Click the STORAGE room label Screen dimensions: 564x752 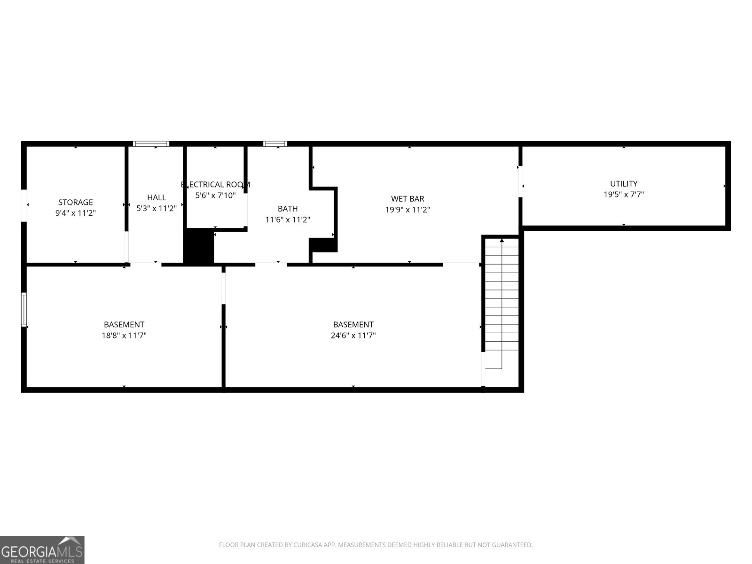click(x=75, y=203)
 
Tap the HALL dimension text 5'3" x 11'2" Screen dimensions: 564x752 click(x=156, y=208)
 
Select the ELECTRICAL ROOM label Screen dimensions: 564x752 click(x=215, y=184)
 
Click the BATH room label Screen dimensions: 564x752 click(x=287, y=209)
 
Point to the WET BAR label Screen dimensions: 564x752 click(x=407, y=199)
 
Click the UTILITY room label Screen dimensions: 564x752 click(x=623, y=184)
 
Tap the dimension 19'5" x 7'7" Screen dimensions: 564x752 click(x=623, y=195)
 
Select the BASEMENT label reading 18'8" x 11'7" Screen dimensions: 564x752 click(x=124, y=325)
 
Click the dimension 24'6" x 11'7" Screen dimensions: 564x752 click(x=353, y=336)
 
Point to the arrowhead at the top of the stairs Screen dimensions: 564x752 click(x=502, y=241)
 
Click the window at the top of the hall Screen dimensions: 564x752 click(x=151, y=144)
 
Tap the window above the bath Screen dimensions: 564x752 click(x=275, y=144)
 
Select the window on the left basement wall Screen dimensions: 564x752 click(x=24, y=309)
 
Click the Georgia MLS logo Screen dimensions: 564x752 click(x=42, y=550)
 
